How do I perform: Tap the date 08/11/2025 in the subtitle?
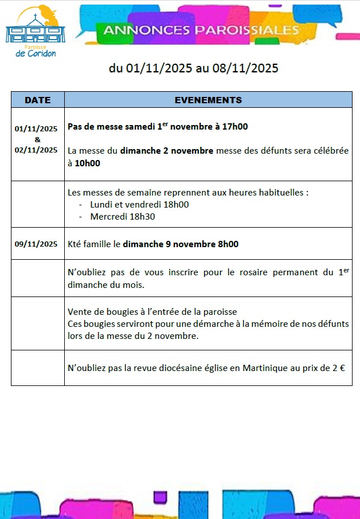(245, 68)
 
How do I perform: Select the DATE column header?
(38, 100)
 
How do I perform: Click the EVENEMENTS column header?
(208, 100)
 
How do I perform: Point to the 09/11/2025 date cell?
(36, 244)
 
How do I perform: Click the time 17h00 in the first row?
(236, 127)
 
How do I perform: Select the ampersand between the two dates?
(37, 139)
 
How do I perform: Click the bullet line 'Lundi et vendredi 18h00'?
(139, 205)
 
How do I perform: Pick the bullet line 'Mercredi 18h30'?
(123, 217)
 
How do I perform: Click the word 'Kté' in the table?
(75, 244)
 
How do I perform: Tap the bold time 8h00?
(228, 244)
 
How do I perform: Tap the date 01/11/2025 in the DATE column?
(36, 129)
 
